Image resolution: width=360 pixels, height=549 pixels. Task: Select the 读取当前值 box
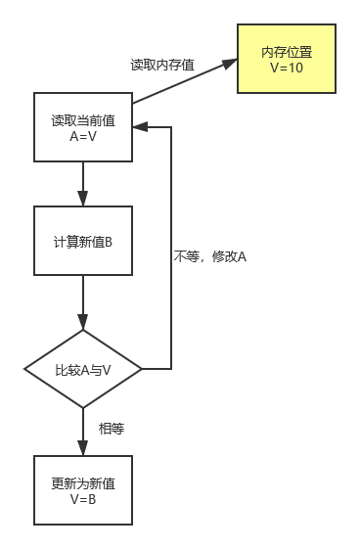point(83,127)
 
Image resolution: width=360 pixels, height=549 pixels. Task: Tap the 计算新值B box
point(83,241)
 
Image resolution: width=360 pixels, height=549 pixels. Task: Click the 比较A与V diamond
point(83,370)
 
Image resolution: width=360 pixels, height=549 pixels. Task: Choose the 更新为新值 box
point(83,489)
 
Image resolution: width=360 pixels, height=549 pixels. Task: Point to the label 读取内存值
point(162,65)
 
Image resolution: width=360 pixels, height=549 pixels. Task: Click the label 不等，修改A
point(209,256)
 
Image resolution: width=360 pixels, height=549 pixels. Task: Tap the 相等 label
point(111,429)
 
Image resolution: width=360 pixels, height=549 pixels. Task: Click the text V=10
point(288,69)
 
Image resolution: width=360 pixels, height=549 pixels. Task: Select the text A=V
point(83,136)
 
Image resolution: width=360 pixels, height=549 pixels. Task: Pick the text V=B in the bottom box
point(83,498)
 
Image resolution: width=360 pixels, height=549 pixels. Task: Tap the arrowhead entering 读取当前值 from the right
point(138,127)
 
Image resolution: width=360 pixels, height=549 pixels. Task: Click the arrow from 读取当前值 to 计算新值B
point(83,184)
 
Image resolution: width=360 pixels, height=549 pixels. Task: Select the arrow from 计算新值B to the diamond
point(83,303)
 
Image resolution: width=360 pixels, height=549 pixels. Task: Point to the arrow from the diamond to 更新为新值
point(83,431)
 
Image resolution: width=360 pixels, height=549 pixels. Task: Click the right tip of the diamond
point(141,370)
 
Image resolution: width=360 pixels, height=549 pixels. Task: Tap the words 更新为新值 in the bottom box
point(83,482)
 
